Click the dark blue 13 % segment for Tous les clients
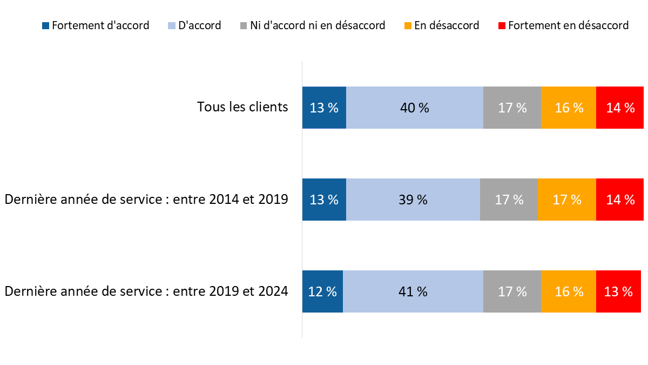click(x=324, y=108)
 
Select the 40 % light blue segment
click(x=414, y=108)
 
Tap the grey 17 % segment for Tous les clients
click(x=512, y=108)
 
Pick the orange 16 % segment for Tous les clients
click(x=568, y=108)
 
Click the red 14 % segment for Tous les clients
click(x=620, y=108)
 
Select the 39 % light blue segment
click(x=413, y=200)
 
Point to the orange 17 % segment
click(x=566, y=200)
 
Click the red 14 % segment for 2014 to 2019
click(x=620, y=200)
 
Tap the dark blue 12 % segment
click(x=322, y=291)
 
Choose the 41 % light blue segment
click(x=413, y=291)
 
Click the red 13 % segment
click(x=620, y=291)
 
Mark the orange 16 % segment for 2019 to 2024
click(x=568, y=291)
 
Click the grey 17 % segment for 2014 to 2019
click(x=509, y=200)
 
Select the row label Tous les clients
click(x=242, y=107)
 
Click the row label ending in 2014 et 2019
click(x=146, y=199)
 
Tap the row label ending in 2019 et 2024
click(x=146, y=291)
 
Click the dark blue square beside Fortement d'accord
click(x=45, y=25)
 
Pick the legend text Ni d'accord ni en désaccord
click(x=318, y=25)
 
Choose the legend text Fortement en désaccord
click(x=568, y=25)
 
